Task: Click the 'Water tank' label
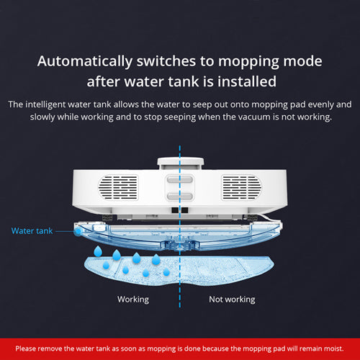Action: [32, 231]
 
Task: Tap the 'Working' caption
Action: [133, 300]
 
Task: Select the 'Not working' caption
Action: [232, 300]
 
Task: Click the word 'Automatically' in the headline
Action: [85, 61]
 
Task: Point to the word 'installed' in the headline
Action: [247, 81]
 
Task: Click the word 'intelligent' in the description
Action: [45, 104]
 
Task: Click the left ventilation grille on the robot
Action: [118, 187]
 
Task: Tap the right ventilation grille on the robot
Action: [241, 187]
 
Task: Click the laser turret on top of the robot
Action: [181, 163]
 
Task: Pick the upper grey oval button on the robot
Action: [180, 179]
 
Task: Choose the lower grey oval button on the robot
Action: [180, 197]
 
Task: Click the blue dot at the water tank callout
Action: [78, 232]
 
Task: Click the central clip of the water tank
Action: [180, 244]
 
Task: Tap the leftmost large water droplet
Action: [98, 251]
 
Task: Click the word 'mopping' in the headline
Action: [248, 62]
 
